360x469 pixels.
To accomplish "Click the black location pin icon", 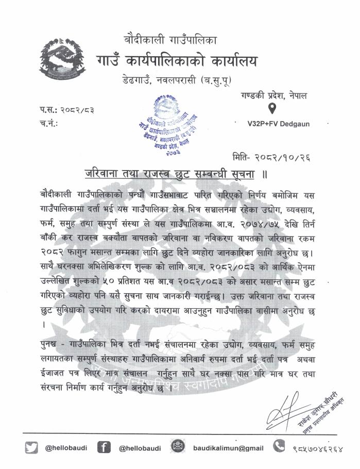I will pyautogui.click(x=272, y=109).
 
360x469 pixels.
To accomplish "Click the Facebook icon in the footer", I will pyautogui.click(x=104, y=447).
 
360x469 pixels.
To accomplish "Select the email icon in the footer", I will pyautogui.click(x=178, y=447).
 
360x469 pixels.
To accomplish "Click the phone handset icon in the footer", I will pyautogui.click(x=279, y=446).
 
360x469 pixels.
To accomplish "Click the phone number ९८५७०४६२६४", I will pyautogui.click(x=319, y=448).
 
